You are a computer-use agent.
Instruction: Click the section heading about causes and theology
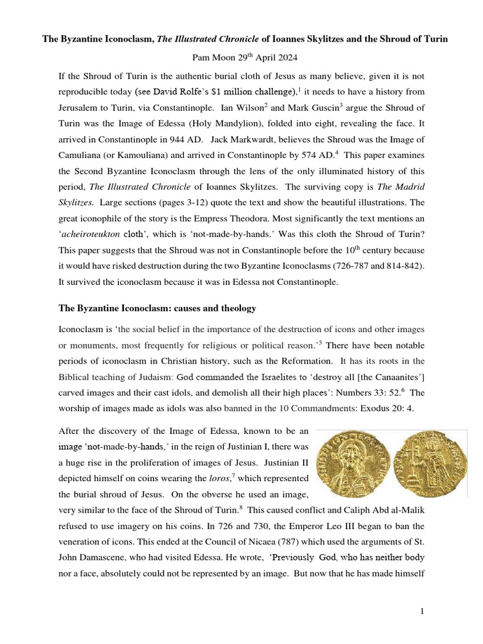(x=157, y=308)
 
